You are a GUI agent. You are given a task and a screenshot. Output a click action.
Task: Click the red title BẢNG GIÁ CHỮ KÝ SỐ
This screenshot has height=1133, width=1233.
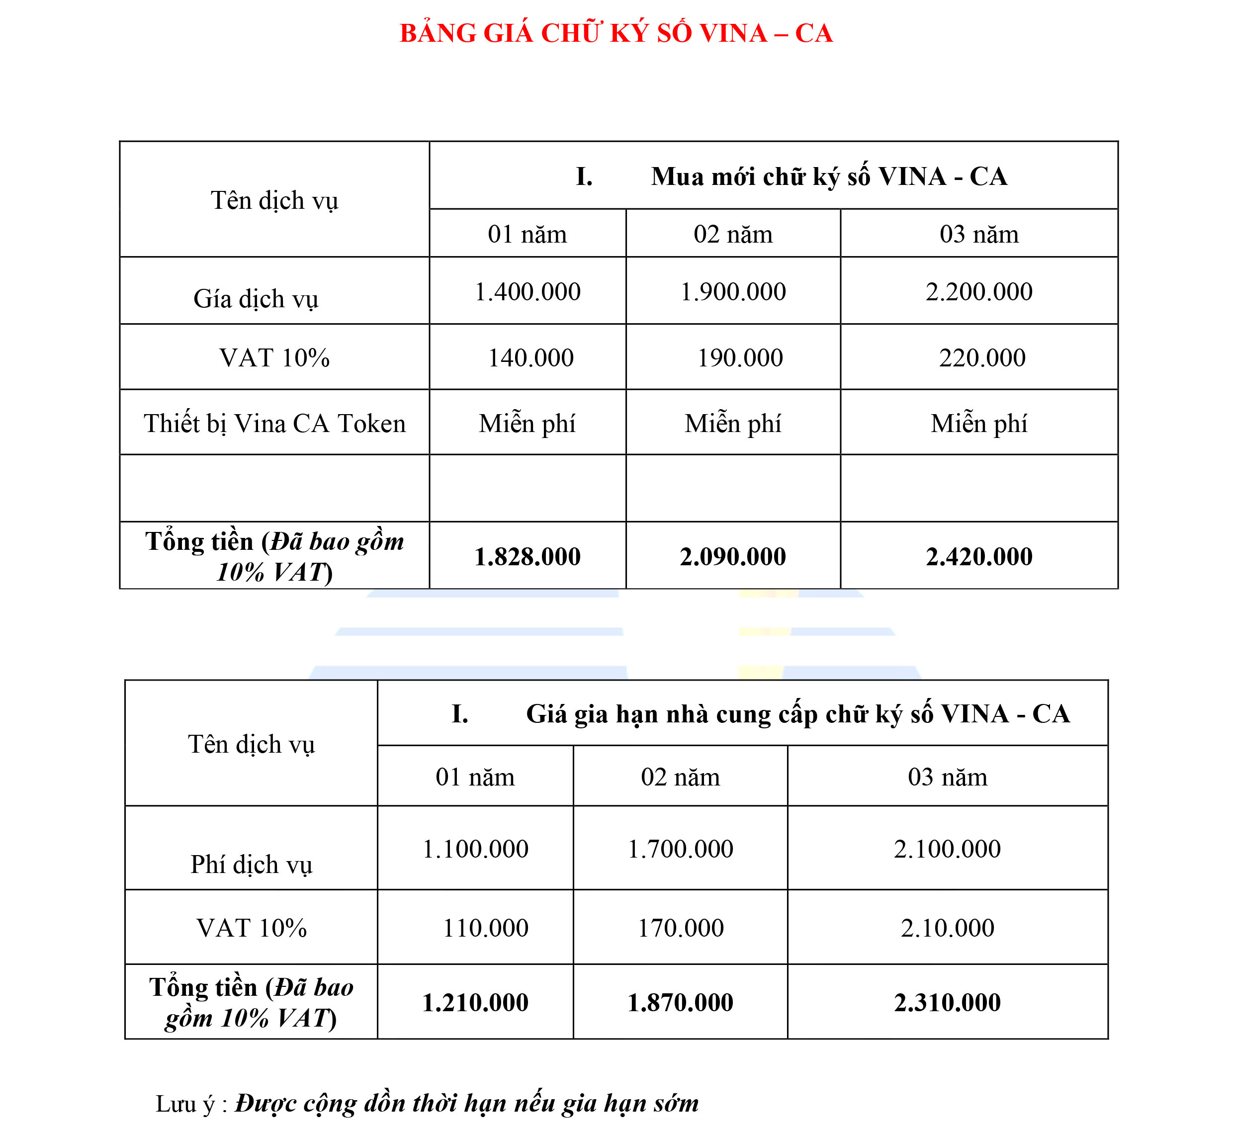[x=616, y=33]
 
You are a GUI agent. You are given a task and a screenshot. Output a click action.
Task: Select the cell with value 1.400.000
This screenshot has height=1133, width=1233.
[x=528, y=292]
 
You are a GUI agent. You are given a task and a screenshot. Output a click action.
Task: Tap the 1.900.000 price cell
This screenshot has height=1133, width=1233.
[x=733, y=292]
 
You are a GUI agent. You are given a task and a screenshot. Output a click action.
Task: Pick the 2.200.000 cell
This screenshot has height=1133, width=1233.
[x=978, y=292]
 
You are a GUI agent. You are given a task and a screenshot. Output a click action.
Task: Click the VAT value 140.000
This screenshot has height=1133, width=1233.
[x=530, y=358]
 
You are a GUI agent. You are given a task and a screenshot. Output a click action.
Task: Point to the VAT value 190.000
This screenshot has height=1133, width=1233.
[x=739, y=358]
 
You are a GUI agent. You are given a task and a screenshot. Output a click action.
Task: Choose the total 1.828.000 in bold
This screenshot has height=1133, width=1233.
[x=528, y=557]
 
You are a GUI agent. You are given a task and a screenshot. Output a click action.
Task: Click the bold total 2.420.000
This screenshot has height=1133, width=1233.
[x=978, y=557]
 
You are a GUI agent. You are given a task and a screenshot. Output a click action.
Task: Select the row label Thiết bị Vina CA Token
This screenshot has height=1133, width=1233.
[x=274, y=424]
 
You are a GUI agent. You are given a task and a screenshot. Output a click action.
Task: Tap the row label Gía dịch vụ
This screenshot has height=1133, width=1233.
[x=256, y=299]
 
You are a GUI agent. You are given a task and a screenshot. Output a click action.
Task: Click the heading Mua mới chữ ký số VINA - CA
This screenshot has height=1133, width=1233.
[x=828, y=176]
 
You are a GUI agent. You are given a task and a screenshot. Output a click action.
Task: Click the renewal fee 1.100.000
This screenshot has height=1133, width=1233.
[x=475, y=849]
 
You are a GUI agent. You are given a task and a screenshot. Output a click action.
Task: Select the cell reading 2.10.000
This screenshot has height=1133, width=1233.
[x=947, y=928]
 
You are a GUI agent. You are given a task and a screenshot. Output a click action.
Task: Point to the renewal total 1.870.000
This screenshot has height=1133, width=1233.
[x=680, y=1002]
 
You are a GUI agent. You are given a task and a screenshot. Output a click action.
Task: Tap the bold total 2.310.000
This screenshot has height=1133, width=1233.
[x=947, y=1002]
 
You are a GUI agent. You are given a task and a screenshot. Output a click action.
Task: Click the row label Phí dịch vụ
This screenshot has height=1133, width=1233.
[x=252, y=865]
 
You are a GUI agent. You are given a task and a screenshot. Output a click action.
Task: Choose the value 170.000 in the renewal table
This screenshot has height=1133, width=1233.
[x=681, y=928]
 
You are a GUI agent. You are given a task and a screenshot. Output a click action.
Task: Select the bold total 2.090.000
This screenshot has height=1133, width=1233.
[x=733, y=557]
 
